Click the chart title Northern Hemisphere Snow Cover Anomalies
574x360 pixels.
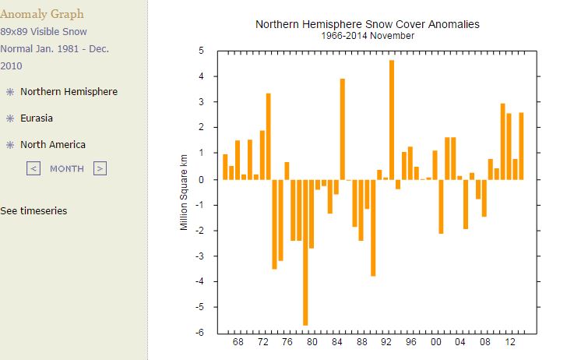368,24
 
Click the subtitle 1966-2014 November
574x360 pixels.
368,36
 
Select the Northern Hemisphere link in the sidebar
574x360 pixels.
69,92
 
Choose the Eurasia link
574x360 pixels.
42,118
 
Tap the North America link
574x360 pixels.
53,145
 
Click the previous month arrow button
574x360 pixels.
33,168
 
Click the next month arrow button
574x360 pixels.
100,168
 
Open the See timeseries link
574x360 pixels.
33,211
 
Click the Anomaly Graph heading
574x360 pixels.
42,14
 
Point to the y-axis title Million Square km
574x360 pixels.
185,192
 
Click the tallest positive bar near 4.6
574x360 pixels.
392,117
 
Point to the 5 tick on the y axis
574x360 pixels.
201,51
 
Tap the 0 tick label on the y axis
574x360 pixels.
201,179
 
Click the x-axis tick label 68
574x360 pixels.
238,343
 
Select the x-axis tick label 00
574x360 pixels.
435,343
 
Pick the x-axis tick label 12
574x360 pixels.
509,343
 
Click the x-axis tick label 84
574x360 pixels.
336,343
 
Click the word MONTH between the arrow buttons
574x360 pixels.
67,168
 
